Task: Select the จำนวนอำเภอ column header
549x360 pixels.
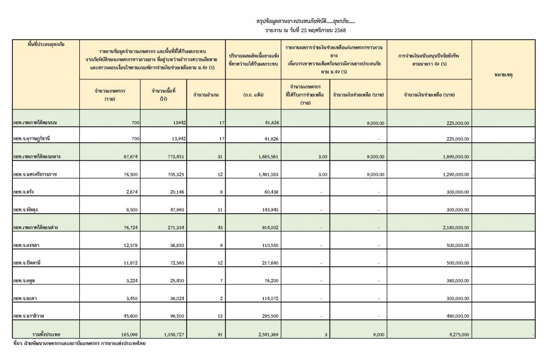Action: coord(206,95)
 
